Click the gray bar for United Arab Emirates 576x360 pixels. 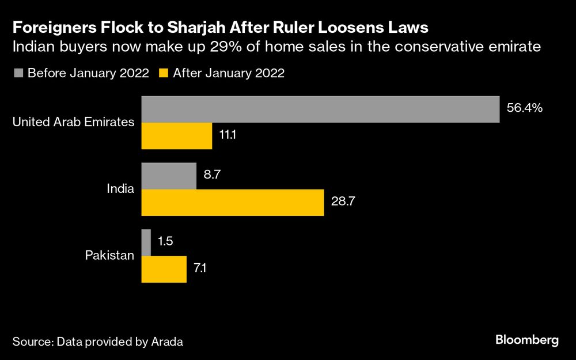[x=320, y=109]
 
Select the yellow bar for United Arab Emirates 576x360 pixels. [x=177, y=136]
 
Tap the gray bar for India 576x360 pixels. [x=169, y=176]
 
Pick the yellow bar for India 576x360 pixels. [x=233, y=202]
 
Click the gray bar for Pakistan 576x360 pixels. [x=146, y=242]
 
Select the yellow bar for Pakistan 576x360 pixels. [x=164, y=269]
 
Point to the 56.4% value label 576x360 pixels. [x=525, y=108]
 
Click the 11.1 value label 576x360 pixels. [x=229, y=135]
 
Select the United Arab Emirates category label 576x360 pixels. [x=74, y=122]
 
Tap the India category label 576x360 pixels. [x=121, y=189]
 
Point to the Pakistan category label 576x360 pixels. [x=110, y=255]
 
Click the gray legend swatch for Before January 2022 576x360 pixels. [x=18, y=73]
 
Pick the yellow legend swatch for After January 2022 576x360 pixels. [x=164, y=73]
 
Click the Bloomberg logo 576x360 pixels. [x=526, y=340]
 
